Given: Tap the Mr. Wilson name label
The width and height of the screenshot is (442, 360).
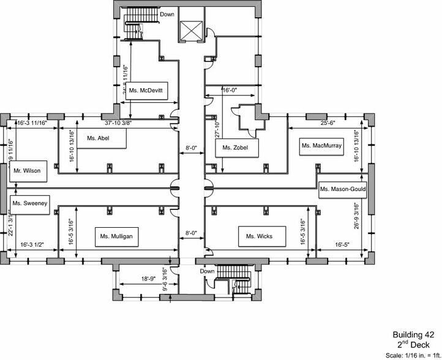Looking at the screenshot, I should pyautogui.click(x=28, y=171).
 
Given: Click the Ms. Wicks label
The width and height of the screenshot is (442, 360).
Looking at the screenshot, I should pyautogui.click(x=255, y=236).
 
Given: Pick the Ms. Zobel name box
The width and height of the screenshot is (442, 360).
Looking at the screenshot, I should pyautogui.click(x=235, y=148).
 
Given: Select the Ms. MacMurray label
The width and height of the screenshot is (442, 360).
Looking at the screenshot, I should pyautogui.click(x=321, y=146).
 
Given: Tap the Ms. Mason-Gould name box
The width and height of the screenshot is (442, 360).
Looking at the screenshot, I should pyautogui.click(x=343, y=190).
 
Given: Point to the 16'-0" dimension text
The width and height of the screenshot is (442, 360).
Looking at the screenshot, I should pyautogui.click(x=229, y=90).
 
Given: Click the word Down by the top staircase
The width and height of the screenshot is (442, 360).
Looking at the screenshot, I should pyautogui.click(x=167, y=13).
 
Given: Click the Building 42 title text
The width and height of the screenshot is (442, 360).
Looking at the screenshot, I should pyautogui.click(x=413, y=335).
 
